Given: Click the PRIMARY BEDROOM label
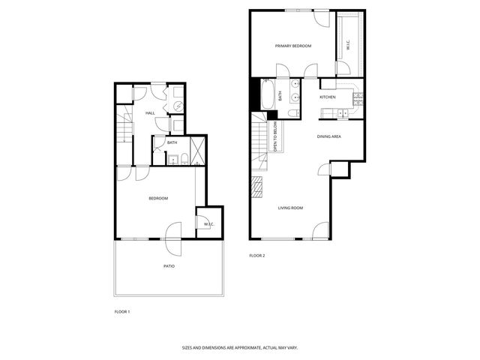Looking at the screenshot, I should (292, 46).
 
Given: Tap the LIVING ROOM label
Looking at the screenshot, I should (290, 208).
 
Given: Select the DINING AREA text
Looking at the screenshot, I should (329, 136).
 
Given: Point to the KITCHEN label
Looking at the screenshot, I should (328, 97).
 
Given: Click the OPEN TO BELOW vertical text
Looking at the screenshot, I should (275, 136).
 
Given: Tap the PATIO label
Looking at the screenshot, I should (169, 266).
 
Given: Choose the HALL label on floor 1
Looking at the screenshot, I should (150, 113).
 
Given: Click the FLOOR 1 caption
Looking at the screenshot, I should (122, 310).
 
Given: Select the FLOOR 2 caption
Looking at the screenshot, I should (257, 256).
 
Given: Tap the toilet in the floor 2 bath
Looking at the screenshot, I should (294, 113).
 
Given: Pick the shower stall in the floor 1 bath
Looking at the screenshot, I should (199, 150).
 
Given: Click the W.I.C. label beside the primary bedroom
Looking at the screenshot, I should (348, 46).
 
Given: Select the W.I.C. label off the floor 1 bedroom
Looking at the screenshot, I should (208, 223).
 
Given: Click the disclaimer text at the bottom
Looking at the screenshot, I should (239, 347).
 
